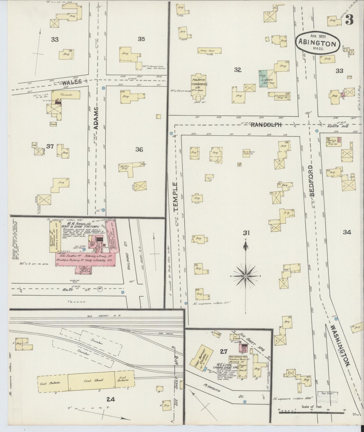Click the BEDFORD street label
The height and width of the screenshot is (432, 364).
pos(312,180)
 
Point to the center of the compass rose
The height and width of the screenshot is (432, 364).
pos(245,276)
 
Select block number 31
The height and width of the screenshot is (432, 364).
pos(246,233)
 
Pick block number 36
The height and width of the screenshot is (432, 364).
pos(139,149)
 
